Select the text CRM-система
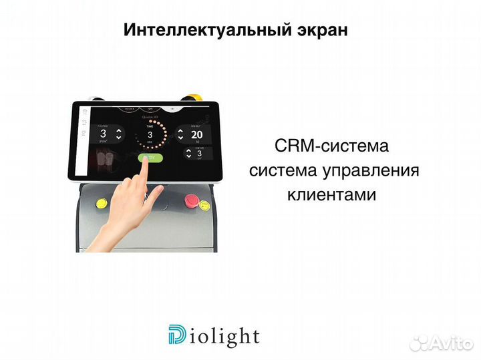[331, 146]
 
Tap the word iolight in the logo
[223, 336]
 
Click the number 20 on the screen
[197, 133]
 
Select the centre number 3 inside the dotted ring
[150, 135]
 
